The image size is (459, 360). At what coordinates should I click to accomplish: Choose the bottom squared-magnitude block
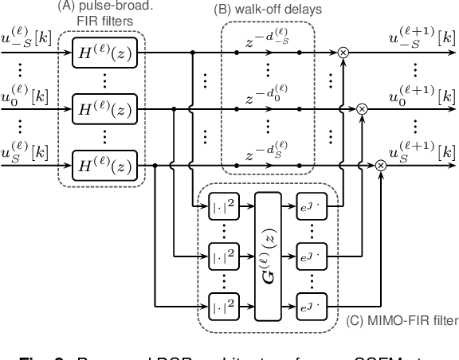tap(220, 305)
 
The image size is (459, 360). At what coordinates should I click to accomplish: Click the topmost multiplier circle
tap(343, 52)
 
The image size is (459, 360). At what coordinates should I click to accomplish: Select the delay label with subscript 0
tap(268, 95)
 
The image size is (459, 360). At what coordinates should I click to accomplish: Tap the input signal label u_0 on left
tap(25, 93)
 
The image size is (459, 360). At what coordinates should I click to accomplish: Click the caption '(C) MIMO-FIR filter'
tap(403, 323)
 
